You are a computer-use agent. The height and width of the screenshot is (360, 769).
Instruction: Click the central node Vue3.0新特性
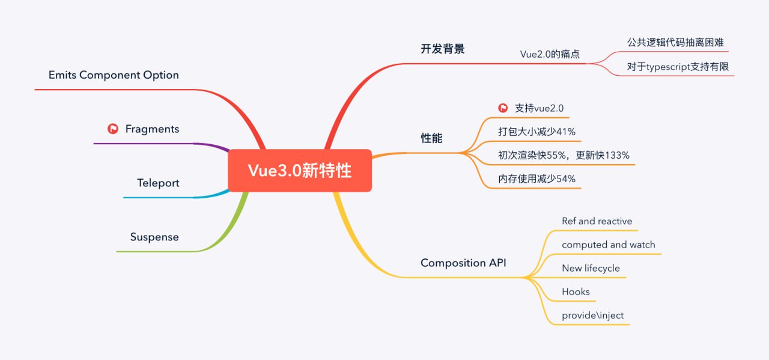(x=300, y=171)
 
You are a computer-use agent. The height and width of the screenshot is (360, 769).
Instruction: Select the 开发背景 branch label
(x=442, y=49)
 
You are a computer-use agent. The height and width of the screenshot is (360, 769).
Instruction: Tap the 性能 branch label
(x=431, y=138)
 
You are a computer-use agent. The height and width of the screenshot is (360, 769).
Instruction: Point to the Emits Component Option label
(x=114, y=75)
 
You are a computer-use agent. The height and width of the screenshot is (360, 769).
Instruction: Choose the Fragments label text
(x=152, y=129)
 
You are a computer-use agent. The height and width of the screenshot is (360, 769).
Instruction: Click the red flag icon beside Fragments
(x=112, y=129)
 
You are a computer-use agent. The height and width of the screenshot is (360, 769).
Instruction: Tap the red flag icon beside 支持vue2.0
(x=503, y=108)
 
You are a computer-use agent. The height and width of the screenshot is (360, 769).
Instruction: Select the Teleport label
(x=158, y=183)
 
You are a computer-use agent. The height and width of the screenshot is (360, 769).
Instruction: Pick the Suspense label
(x=154, y=237)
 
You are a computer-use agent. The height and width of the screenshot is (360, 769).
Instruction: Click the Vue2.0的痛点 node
(x=550, y=54)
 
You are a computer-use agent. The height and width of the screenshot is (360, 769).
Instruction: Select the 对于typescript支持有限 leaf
(x=678, y=67)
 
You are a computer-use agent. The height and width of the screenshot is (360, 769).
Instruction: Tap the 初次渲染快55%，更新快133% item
(x=564, y=155)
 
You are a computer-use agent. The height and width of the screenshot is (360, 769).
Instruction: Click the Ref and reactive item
(x=597, y=221)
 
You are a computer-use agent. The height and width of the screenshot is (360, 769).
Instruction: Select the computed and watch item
(x=608, y=245)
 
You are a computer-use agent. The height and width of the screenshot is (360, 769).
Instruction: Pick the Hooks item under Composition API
(x=576, y=291)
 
